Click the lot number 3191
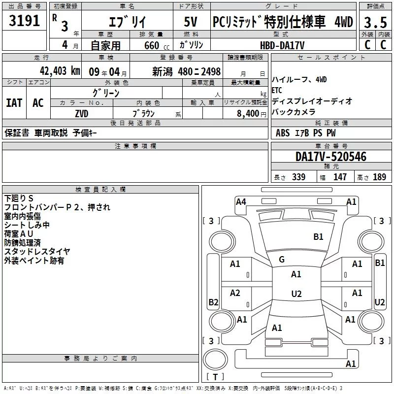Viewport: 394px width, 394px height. (x=24, y=21)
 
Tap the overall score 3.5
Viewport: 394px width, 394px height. (x=375, y=22)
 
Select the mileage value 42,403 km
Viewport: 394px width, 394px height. (x=60, y=71)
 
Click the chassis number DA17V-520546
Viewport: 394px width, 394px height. (x=331, y=157)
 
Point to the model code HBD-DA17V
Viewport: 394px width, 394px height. (x=282, y=45)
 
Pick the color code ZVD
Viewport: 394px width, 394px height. (x=82, y=114)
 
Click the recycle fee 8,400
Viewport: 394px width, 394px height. (x=248, y=114)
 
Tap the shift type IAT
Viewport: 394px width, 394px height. (x=14, y=103)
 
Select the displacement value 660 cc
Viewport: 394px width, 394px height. (x=157, y=45)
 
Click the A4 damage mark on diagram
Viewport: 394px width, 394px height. (x=241, y=202)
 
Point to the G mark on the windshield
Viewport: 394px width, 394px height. (x=282, y=260)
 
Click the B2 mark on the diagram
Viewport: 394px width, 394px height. (x=213, y=302)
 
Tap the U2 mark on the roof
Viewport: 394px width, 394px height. (x=296, y=294)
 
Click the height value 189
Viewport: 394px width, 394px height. (x=379, y=177)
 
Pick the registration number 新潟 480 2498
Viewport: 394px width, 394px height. (x=186, y=72)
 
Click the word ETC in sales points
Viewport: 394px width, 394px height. (x=277, y=90)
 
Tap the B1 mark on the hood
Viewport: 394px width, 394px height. (x=318, y=237)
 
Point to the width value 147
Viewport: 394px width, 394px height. (x=340, y=177)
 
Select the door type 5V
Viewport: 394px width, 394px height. (x=191, y=22)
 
